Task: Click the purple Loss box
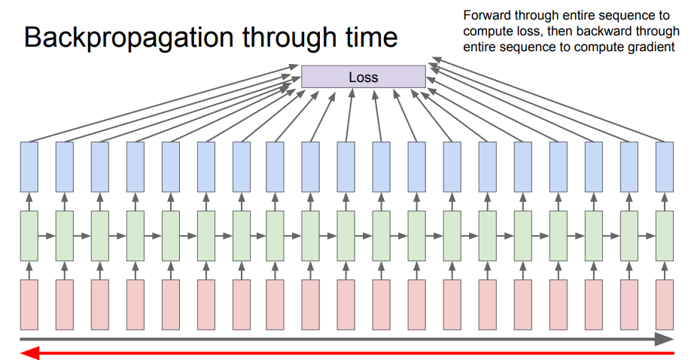tap(363, 78)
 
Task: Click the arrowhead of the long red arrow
tap(27, 354)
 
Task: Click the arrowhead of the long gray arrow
tap(664, 339)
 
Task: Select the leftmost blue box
tap(29, 166)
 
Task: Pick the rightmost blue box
tap(664, 166)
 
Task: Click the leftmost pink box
tap(29, 304)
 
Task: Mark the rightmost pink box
tap(664, 304)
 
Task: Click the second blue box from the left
tap(64, 166)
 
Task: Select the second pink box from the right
tap(629, 304)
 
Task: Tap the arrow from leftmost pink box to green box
tap(29, 270)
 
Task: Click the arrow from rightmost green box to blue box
tap(664, 201)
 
